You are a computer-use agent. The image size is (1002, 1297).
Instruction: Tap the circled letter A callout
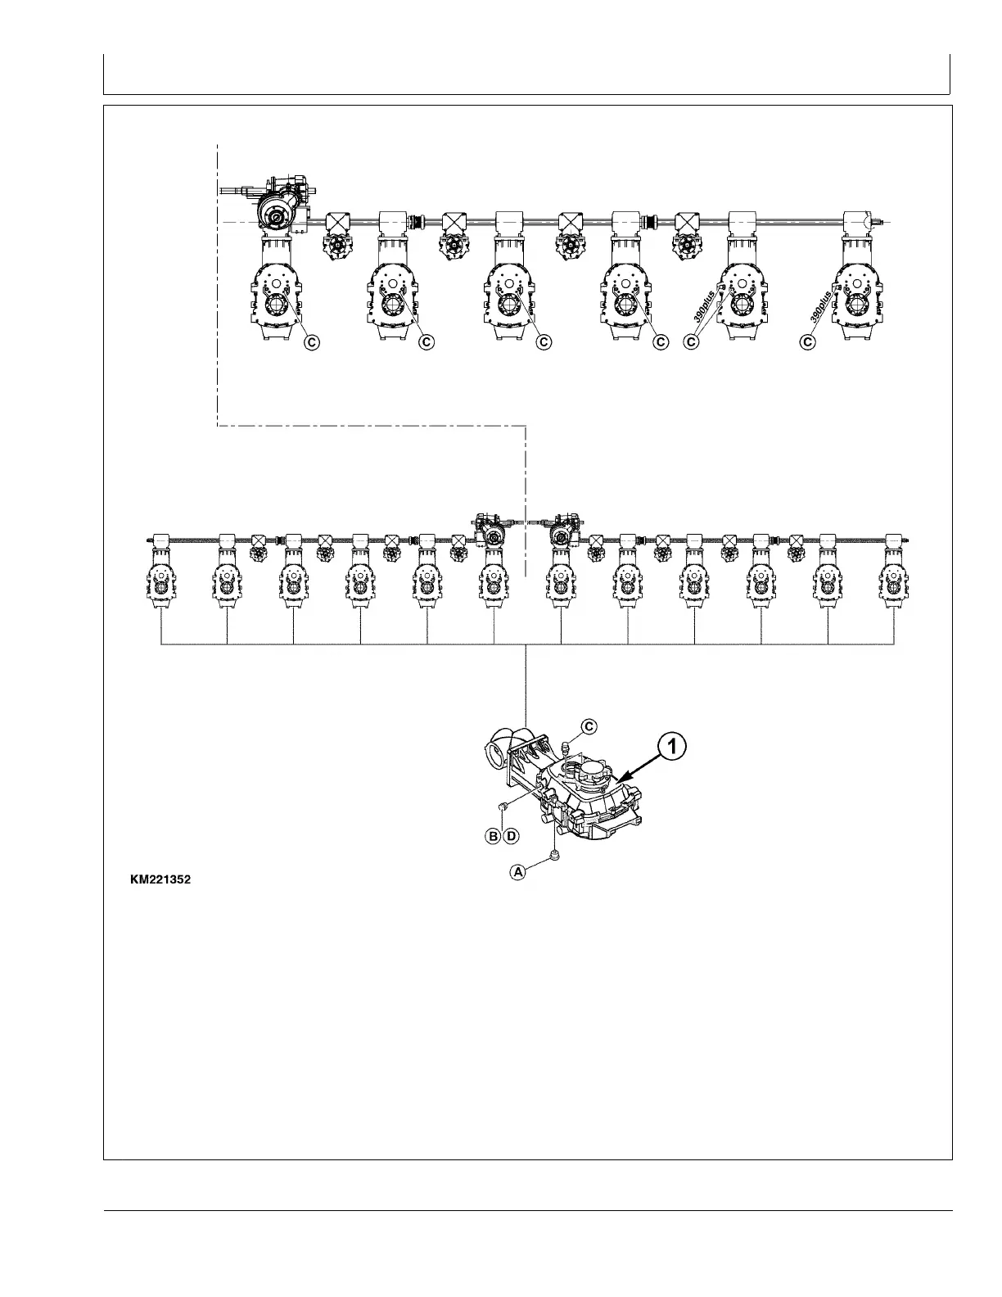tap(517, 872)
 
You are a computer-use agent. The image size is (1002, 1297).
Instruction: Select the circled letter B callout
tap(494, 836)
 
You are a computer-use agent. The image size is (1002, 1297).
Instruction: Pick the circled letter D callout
tap(511, 836)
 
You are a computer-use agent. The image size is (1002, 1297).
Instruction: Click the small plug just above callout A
tap(554, 856)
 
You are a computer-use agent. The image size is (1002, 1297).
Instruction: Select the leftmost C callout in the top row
tap(312, 342)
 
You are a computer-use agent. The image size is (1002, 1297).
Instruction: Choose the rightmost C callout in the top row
tap(809, 342)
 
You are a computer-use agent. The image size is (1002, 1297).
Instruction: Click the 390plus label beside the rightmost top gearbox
tap(821, 304)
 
